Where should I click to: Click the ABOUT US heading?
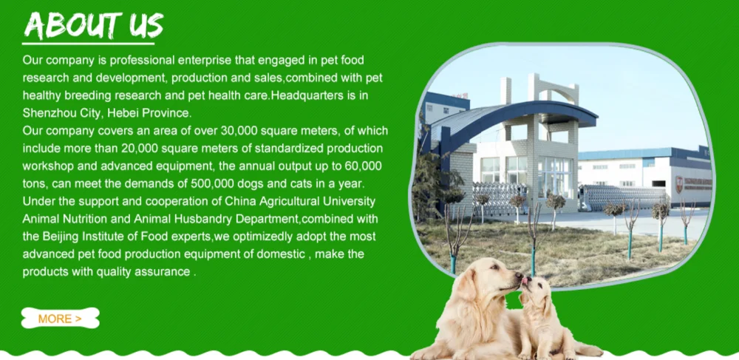pos(93,25)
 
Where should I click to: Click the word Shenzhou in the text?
pos(50,113)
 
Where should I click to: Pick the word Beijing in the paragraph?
pos(63,237)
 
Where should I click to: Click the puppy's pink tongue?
pos(525,282)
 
